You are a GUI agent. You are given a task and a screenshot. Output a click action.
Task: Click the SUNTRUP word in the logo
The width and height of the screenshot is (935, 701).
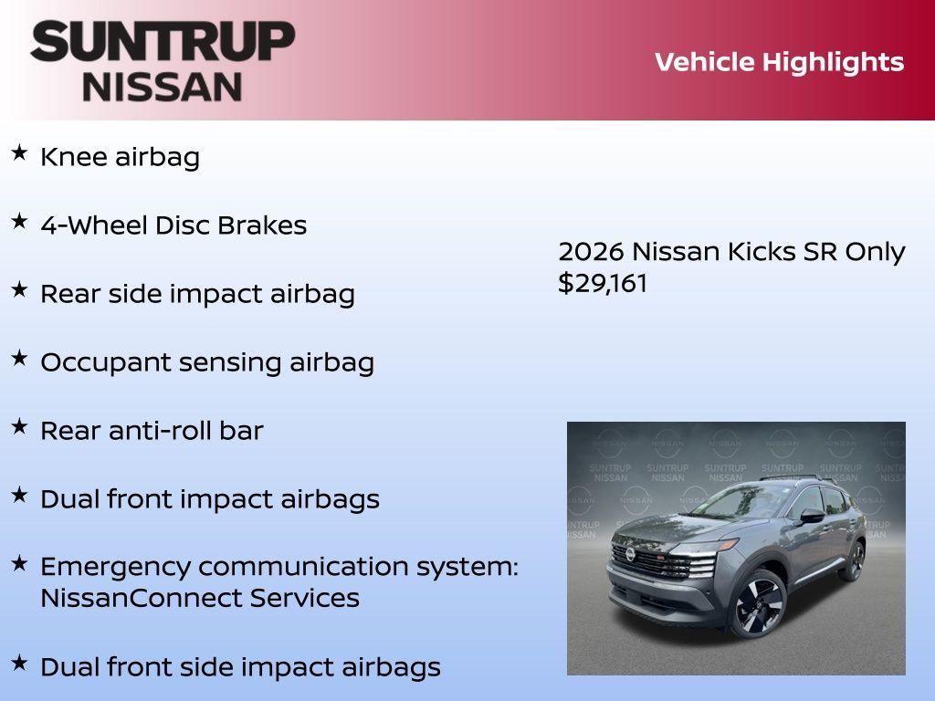click(163, 42)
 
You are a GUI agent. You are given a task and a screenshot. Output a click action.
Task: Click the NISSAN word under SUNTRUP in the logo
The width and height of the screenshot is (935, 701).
click(163, 86)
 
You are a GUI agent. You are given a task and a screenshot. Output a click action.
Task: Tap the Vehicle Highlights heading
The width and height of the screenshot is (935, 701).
click(779, 62)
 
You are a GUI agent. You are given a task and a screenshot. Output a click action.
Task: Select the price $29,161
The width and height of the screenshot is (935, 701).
click(603, 283)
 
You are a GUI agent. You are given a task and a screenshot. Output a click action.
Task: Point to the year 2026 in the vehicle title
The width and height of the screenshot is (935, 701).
click(591, 252)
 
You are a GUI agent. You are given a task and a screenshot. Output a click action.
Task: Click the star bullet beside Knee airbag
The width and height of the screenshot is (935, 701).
click(19, 152)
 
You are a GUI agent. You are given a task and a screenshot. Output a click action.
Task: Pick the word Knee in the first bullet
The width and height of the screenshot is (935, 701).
click(75, 157)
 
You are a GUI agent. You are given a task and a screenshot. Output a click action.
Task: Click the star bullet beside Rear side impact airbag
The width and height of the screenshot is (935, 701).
click(19, 289)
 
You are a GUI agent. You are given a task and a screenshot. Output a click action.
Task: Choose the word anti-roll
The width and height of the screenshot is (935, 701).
click(161, 431)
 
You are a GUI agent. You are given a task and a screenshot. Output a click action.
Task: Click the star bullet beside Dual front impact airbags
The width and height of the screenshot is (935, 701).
click(19, 495)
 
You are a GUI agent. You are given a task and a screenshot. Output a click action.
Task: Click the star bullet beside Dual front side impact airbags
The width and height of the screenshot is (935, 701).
click(19, 663)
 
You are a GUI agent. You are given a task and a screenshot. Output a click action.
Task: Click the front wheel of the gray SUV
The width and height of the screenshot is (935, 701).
click(756, 603)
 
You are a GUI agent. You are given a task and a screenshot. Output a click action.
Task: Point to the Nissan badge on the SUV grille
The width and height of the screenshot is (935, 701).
click(631, 554)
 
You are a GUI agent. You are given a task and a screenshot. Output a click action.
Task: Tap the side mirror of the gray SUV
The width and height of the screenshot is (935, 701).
click(812, 516)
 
